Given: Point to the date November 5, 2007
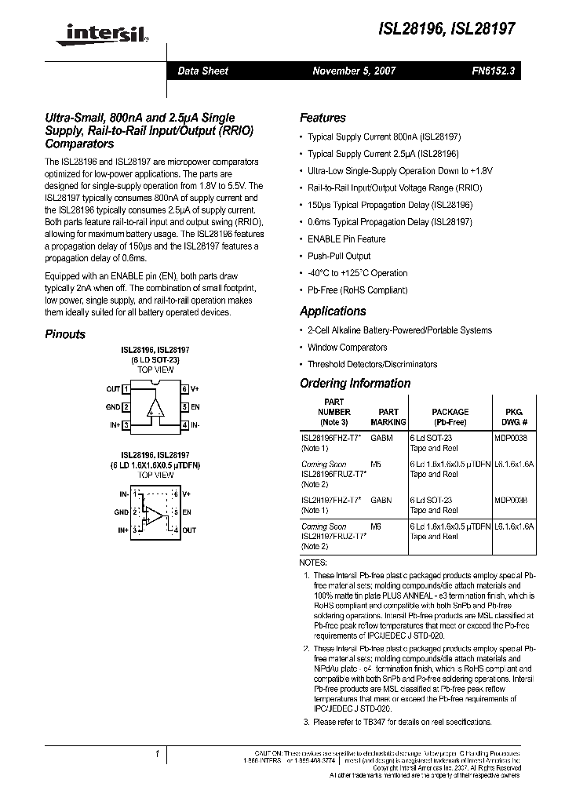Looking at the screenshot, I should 354,71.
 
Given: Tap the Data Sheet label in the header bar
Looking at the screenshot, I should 202,71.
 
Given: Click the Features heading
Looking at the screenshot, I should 323,118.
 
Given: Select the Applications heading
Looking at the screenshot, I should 333,311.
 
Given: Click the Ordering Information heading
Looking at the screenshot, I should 355,383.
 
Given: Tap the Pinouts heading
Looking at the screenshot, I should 65,334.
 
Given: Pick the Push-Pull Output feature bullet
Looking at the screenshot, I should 339,256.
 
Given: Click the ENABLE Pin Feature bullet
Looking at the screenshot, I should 346,239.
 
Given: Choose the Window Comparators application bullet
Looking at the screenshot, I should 347,347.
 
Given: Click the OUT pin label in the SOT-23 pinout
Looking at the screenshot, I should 113,389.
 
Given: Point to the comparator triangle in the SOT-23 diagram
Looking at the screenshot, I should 155,406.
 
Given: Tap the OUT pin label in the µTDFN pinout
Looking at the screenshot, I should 189,530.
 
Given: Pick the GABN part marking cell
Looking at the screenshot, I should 381,499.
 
